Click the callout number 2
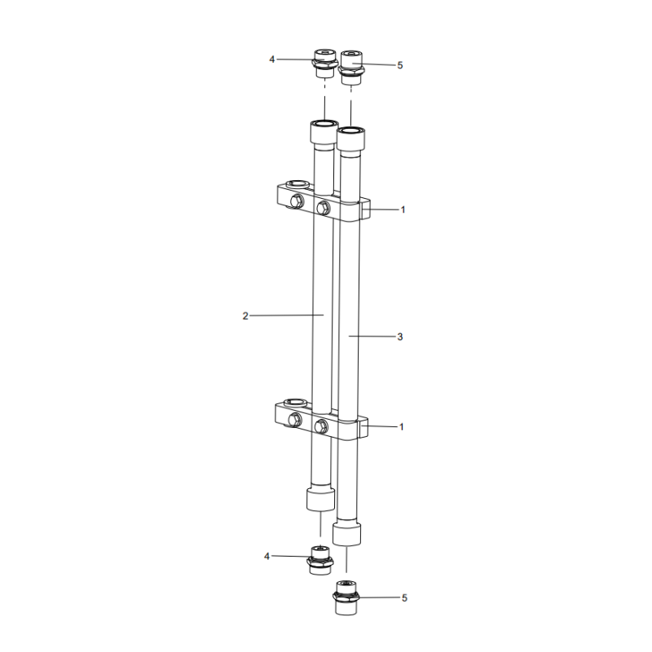244,315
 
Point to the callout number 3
399,336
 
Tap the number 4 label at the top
272,59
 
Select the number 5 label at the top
399,65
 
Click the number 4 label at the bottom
267,556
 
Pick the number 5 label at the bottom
403,598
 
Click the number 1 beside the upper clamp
402,209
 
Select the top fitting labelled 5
352,64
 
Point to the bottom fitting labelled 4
321,560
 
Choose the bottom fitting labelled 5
346,597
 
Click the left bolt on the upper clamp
297,201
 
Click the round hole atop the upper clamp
299,185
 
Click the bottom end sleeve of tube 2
320,498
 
